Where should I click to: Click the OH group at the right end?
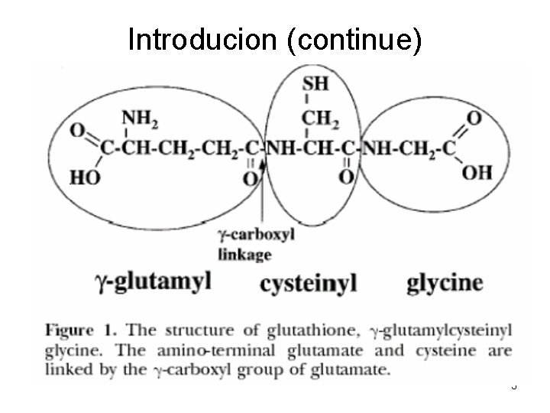[477, 171]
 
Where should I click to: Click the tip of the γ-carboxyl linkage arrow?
[264, 161]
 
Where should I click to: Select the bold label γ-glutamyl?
[152, 281]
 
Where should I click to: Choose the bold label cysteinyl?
[309, 283]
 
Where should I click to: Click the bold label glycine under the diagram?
[445, 282]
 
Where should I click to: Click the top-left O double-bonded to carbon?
[76, 131]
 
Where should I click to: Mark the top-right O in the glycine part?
[474, 118]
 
